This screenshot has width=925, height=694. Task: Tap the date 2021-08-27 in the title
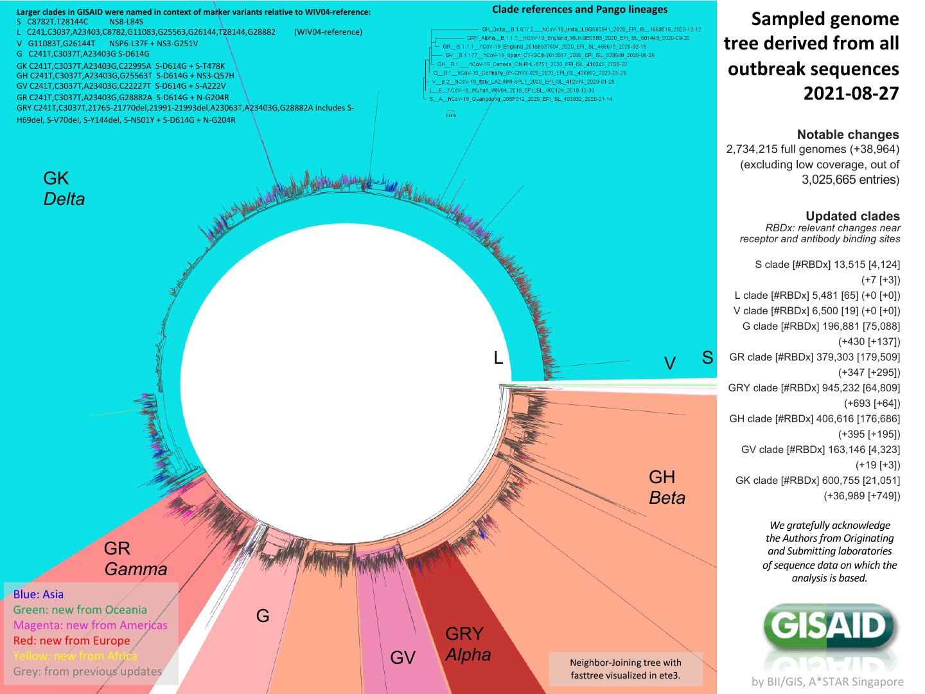click(850, 94)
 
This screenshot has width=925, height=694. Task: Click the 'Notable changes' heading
click(847, 134)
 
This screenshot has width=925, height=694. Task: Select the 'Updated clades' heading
click(852, 216)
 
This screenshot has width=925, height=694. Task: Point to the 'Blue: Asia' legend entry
click(39, 594)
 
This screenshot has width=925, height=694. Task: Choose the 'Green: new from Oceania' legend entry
click(80, 610)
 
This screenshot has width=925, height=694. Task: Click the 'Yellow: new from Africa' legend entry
click(75, 656)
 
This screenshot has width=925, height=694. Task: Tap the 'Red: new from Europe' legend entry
click(71, 641)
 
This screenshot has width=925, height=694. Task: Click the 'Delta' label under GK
click(64, 199)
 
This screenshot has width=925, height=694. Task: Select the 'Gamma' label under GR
click(136, 569)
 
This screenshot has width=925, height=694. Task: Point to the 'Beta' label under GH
click(667, 498)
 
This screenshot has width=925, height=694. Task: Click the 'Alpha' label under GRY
click(468, 655)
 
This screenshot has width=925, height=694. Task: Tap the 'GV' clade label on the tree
click(403, 658)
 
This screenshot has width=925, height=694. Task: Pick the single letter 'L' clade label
click(498, 358)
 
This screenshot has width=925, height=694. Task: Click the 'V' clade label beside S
click(669, 364)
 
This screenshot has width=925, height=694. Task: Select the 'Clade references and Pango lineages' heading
click(579, 10)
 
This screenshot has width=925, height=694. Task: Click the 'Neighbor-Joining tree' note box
click(625, 669)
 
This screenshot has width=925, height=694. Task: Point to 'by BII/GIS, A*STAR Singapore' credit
click(827, 682)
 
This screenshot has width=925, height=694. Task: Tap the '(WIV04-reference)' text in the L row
click(328, 32)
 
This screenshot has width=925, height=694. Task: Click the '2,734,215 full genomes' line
click(812, 149)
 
